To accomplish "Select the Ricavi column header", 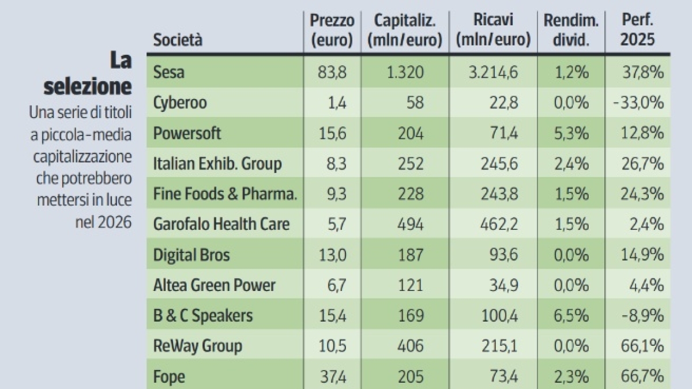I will (492, 30).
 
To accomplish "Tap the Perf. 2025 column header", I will (637, 30).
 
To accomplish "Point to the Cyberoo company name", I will (180, 103).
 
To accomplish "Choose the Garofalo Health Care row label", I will (221, 224).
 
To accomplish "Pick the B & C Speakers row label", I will (203, 315).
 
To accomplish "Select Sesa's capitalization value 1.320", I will (404, 72).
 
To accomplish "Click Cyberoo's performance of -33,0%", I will (638, 103).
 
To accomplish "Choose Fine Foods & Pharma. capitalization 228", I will (411, 194).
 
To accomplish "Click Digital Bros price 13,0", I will (333, 255).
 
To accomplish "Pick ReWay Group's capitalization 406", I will (411, 346).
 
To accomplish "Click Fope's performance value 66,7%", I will (641, 377).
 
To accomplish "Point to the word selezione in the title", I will (88, 86).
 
